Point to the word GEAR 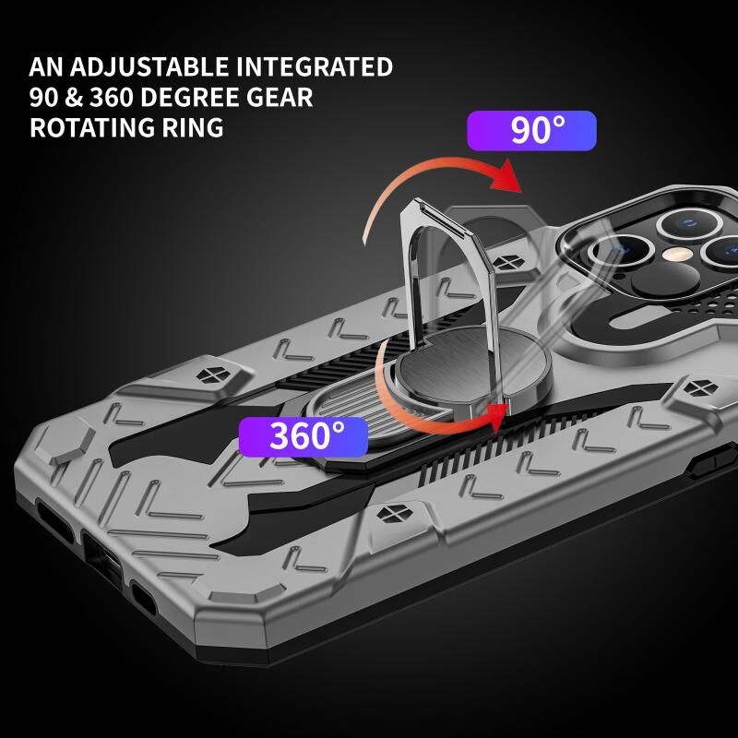click(x=282, y=97)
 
